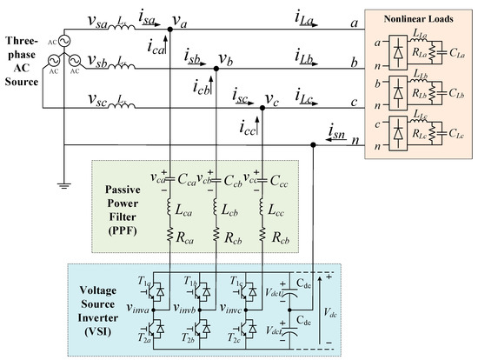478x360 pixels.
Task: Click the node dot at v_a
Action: click(169, 29)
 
